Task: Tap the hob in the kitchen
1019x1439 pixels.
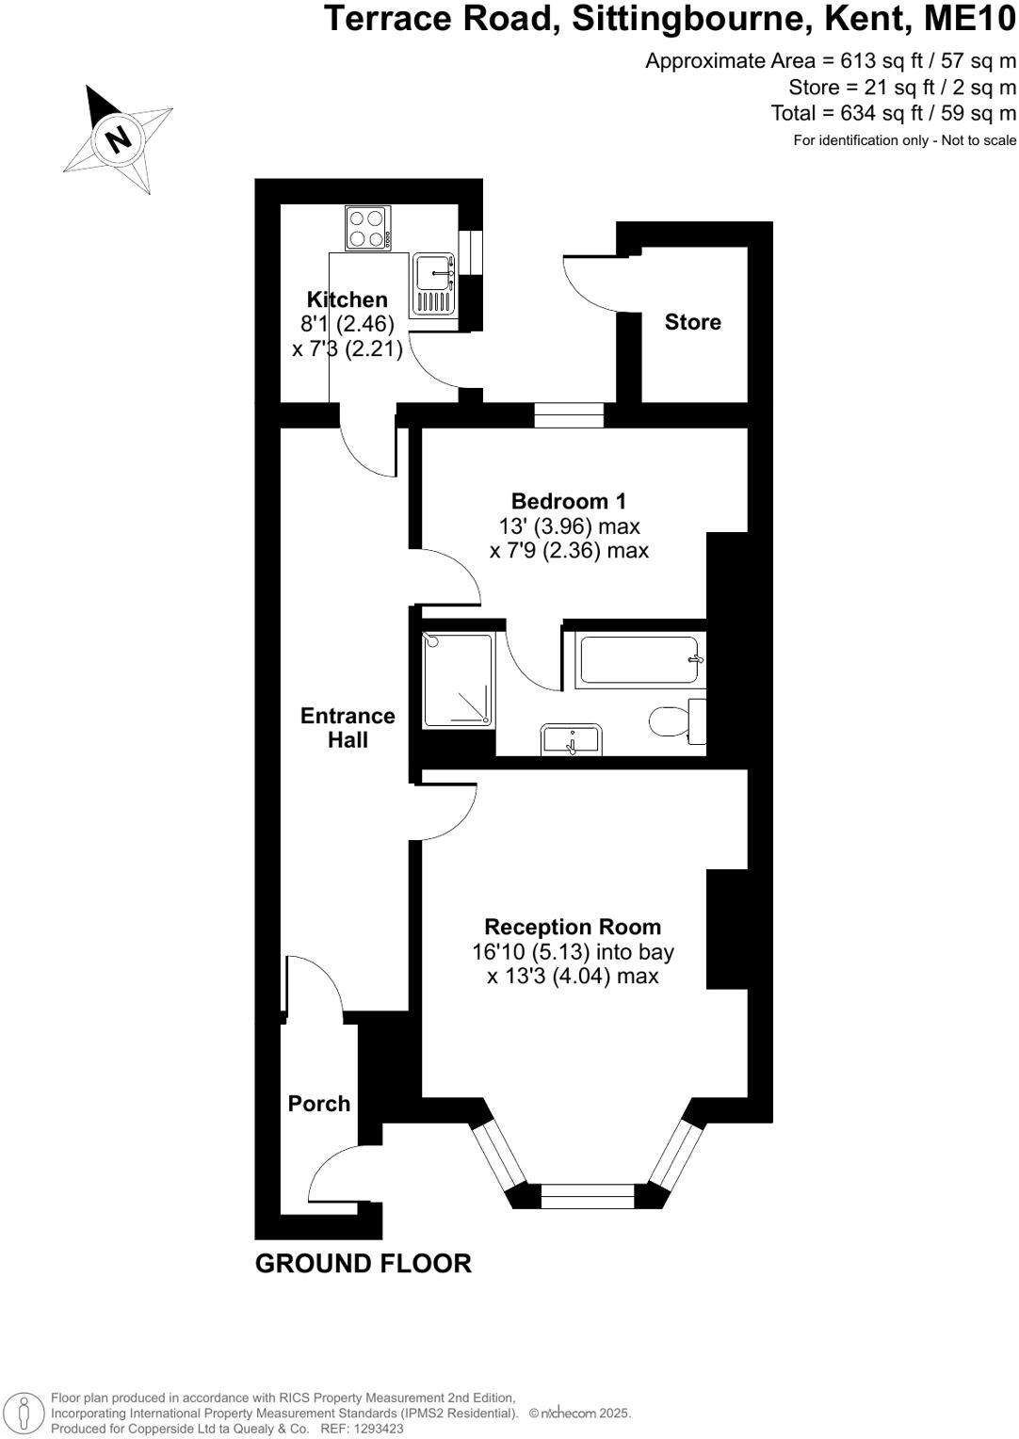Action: click(x=367, y=228)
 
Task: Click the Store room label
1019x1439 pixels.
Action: click(x=692, y=322)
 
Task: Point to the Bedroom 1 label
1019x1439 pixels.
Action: click(x=568, y=501)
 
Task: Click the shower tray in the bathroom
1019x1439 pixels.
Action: click(x=458, y=680)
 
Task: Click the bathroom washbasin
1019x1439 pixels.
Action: click(x=571, y=739)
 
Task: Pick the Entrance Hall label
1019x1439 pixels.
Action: click(x=348, y=728)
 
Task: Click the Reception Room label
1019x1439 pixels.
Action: click(x=572, y=927)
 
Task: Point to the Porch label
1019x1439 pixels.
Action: click(x=318, y=1104)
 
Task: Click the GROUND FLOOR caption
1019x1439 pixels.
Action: click(x=363, y=1264)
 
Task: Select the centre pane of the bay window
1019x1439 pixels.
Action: click(x=588, y=1197)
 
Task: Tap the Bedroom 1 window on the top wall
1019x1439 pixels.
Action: click(x=568, y=415)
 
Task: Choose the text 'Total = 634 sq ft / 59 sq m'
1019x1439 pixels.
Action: click(x=893, y=113)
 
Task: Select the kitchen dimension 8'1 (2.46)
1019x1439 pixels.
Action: click(x=347, y=324)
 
